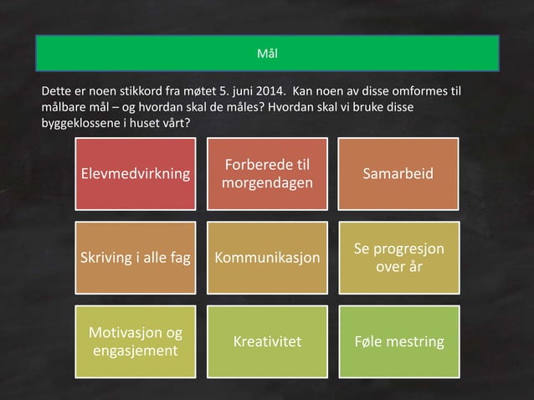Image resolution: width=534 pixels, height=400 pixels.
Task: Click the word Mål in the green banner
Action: tap(267, 54)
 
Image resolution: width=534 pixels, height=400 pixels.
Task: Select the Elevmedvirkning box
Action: tap(134, 174)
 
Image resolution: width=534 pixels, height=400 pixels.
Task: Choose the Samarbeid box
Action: tap(398, 174)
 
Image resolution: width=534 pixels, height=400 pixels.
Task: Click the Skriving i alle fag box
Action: tap(134, 258)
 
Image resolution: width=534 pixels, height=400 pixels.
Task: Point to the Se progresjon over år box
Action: tap(398, 258)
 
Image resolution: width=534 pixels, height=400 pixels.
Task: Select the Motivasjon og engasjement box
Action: tap(134, 341)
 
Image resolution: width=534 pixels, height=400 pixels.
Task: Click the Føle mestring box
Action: tap(398, 341)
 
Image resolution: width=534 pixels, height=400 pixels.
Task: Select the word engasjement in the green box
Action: tap(134, 351)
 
